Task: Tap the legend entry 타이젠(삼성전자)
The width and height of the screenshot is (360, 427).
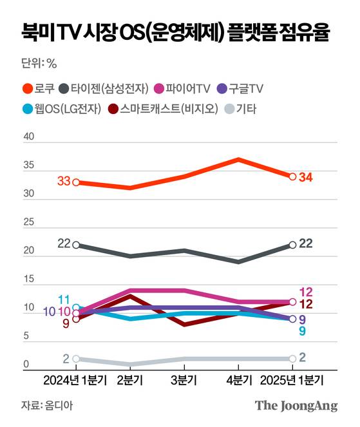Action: (x=104, y=88)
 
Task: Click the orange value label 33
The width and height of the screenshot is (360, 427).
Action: (x=63, y=182)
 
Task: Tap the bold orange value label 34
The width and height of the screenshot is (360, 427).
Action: (x=307, y=177)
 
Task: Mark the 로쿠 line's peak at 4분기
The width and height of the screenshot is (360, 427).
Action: (x=239, y=159)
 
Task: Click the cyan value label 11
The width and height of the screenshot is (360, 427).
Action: (x=64, y=299)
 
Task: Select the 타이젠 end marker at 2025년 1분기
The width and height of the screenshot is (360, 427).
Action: (x=293, y=245)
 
